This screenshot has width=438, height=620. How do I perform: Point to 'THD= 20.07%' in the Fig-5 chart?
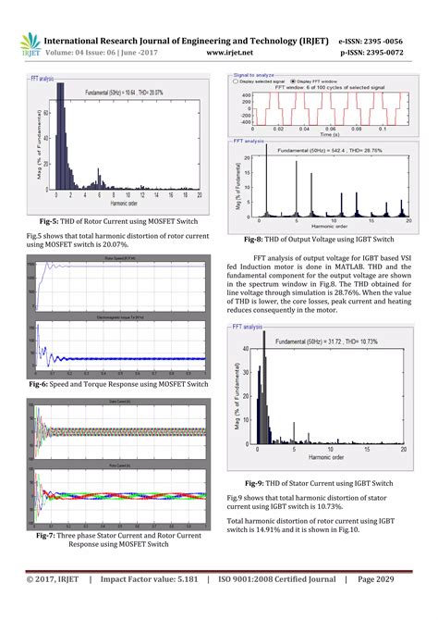tap(145, 93)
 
